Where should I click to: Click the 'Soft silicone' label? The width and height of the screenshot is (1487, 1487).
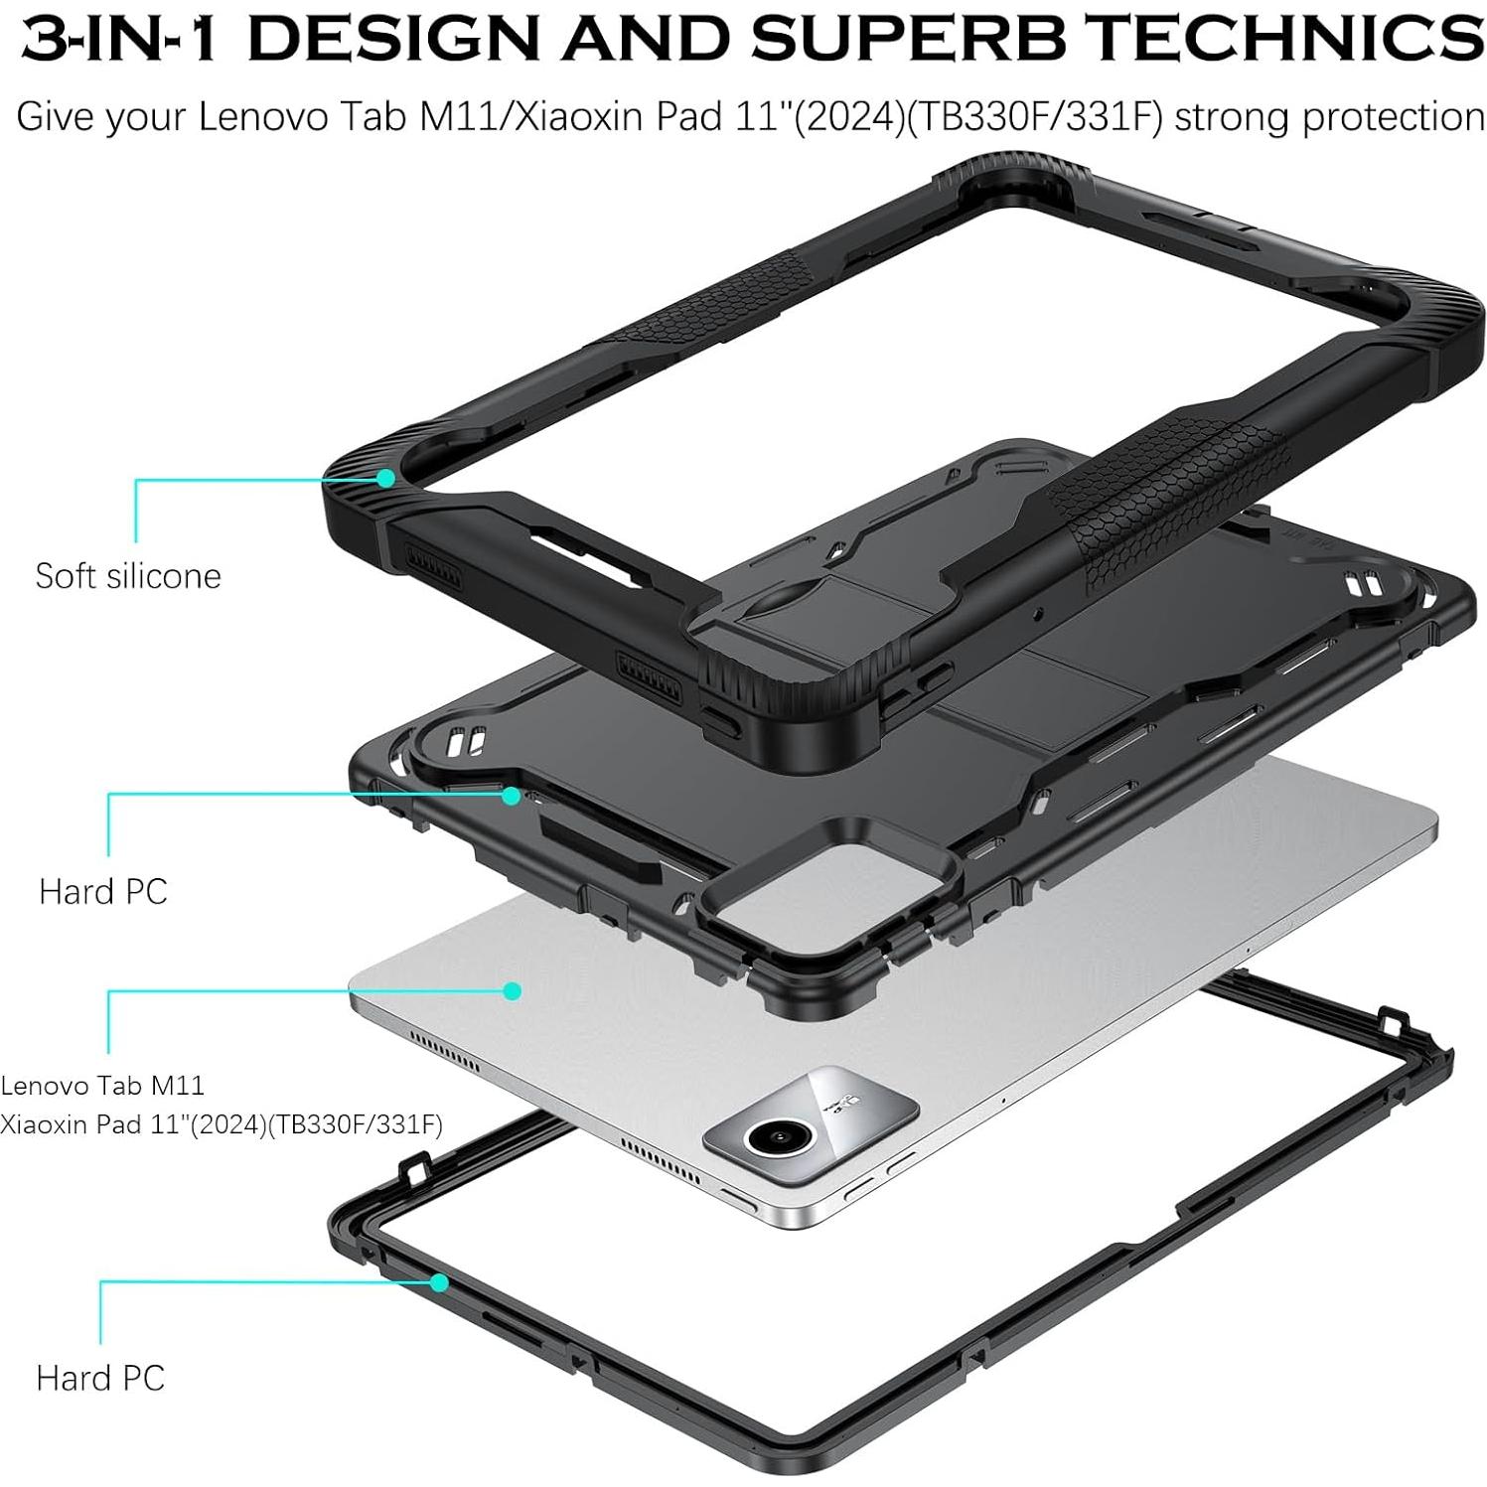(x=128, y=576)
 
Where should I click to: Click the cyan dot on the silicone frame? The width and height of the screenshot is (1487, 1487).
(x=384, y=478)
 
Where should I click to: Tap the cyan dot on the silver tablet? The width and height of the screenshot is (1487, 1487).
(x=513, y=990)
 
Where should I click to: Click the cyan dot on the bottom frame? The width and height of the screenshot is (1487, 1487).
(x=438, y=1282)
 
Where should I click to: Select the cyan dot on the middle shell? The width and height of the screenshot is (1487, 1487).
(x=512, y=795)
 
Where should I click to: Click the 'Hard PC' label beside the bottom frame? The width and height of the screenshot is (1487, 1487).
(x=100, y=1378)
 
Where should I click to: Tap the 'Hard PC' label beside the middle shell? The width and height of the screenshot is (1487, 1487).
(x=103, y=891)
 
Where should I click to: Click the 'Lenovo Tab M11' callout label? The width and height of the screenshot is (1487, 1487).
(x=102, y=1085)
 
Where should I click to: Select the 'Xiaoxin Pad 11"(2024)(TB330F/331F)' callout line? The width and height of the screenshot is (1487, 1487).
(x=222, y=1124)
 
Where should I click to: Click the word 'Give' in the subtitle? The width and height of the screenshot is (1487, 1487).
(x=56, y=117)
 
